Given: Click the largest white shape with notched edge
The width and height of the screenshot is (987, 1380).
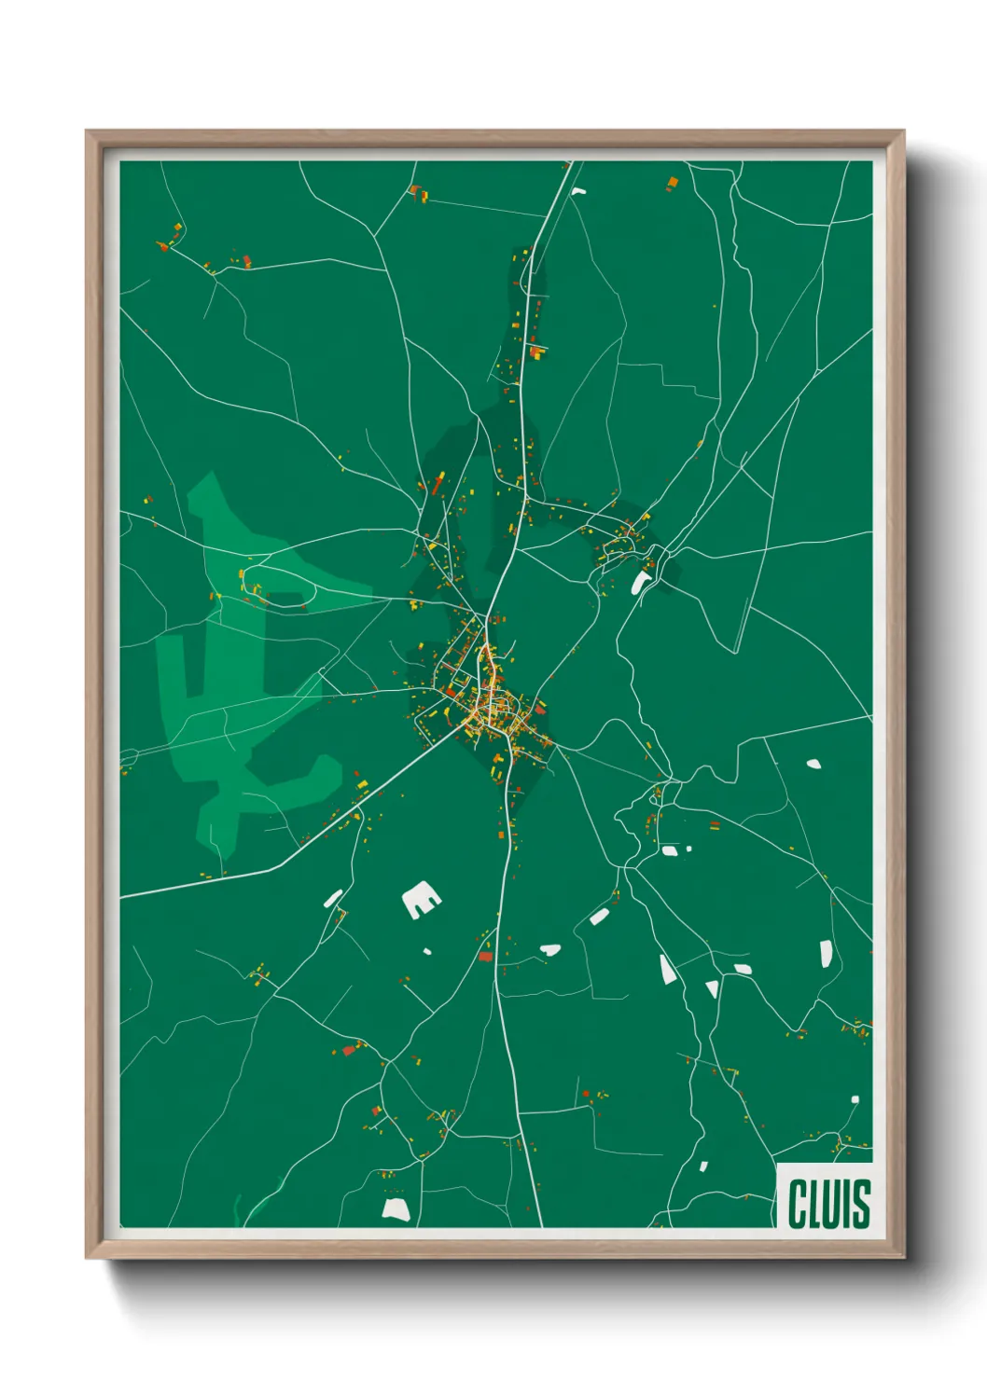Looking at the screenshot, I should click(x=421, y=900).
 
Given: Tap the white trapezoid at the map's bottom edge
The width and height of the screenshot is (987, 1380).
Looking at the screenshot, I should click(x=396, y=1209).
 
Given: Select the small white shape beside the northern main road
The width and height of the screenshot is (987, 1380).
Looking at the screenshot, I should click(x=578, y=192).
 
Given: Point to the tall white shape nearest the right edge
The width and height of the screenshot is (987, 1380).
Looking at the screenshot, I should click(x=826, y=953).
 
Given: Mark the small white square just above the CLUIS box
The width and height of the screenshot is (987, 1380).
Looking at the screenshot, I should click(x=855, y=1099).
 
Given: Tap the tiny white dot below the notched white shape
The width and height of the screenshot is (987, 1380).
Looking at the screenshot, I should click(x=427, y=951).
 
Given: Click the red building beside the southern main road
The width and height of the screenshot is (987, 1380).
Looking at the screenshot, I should click(x=485, y=955).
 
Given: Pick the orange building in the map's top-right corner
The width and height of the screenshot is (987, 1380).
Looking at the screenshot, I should click(x=672, y=183).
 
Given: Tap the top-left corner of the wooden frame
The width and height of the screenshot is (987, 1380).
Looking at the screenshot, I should click(x=87, y=131).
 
